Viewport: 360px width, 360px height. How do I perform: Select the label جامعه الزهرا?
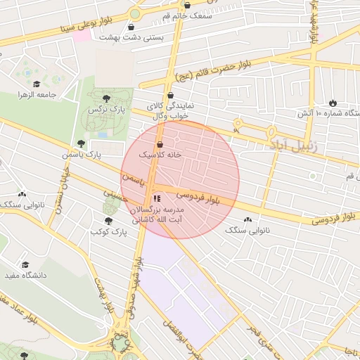coord(37,94)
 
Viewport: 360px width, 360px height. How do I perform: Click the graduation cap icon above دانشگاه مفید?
coord(26,265)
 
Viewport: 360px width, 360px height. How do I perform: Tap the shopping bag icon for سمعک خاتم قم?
coord(186,6)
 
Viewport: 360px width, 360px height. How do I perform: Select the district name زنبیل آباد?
coord(293,146)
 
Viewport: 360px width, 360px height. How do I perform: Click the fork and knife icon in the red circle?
coord(157,199)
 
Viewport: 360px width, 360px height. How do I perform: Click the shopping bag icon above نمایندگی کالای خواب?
coord(170,95)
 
